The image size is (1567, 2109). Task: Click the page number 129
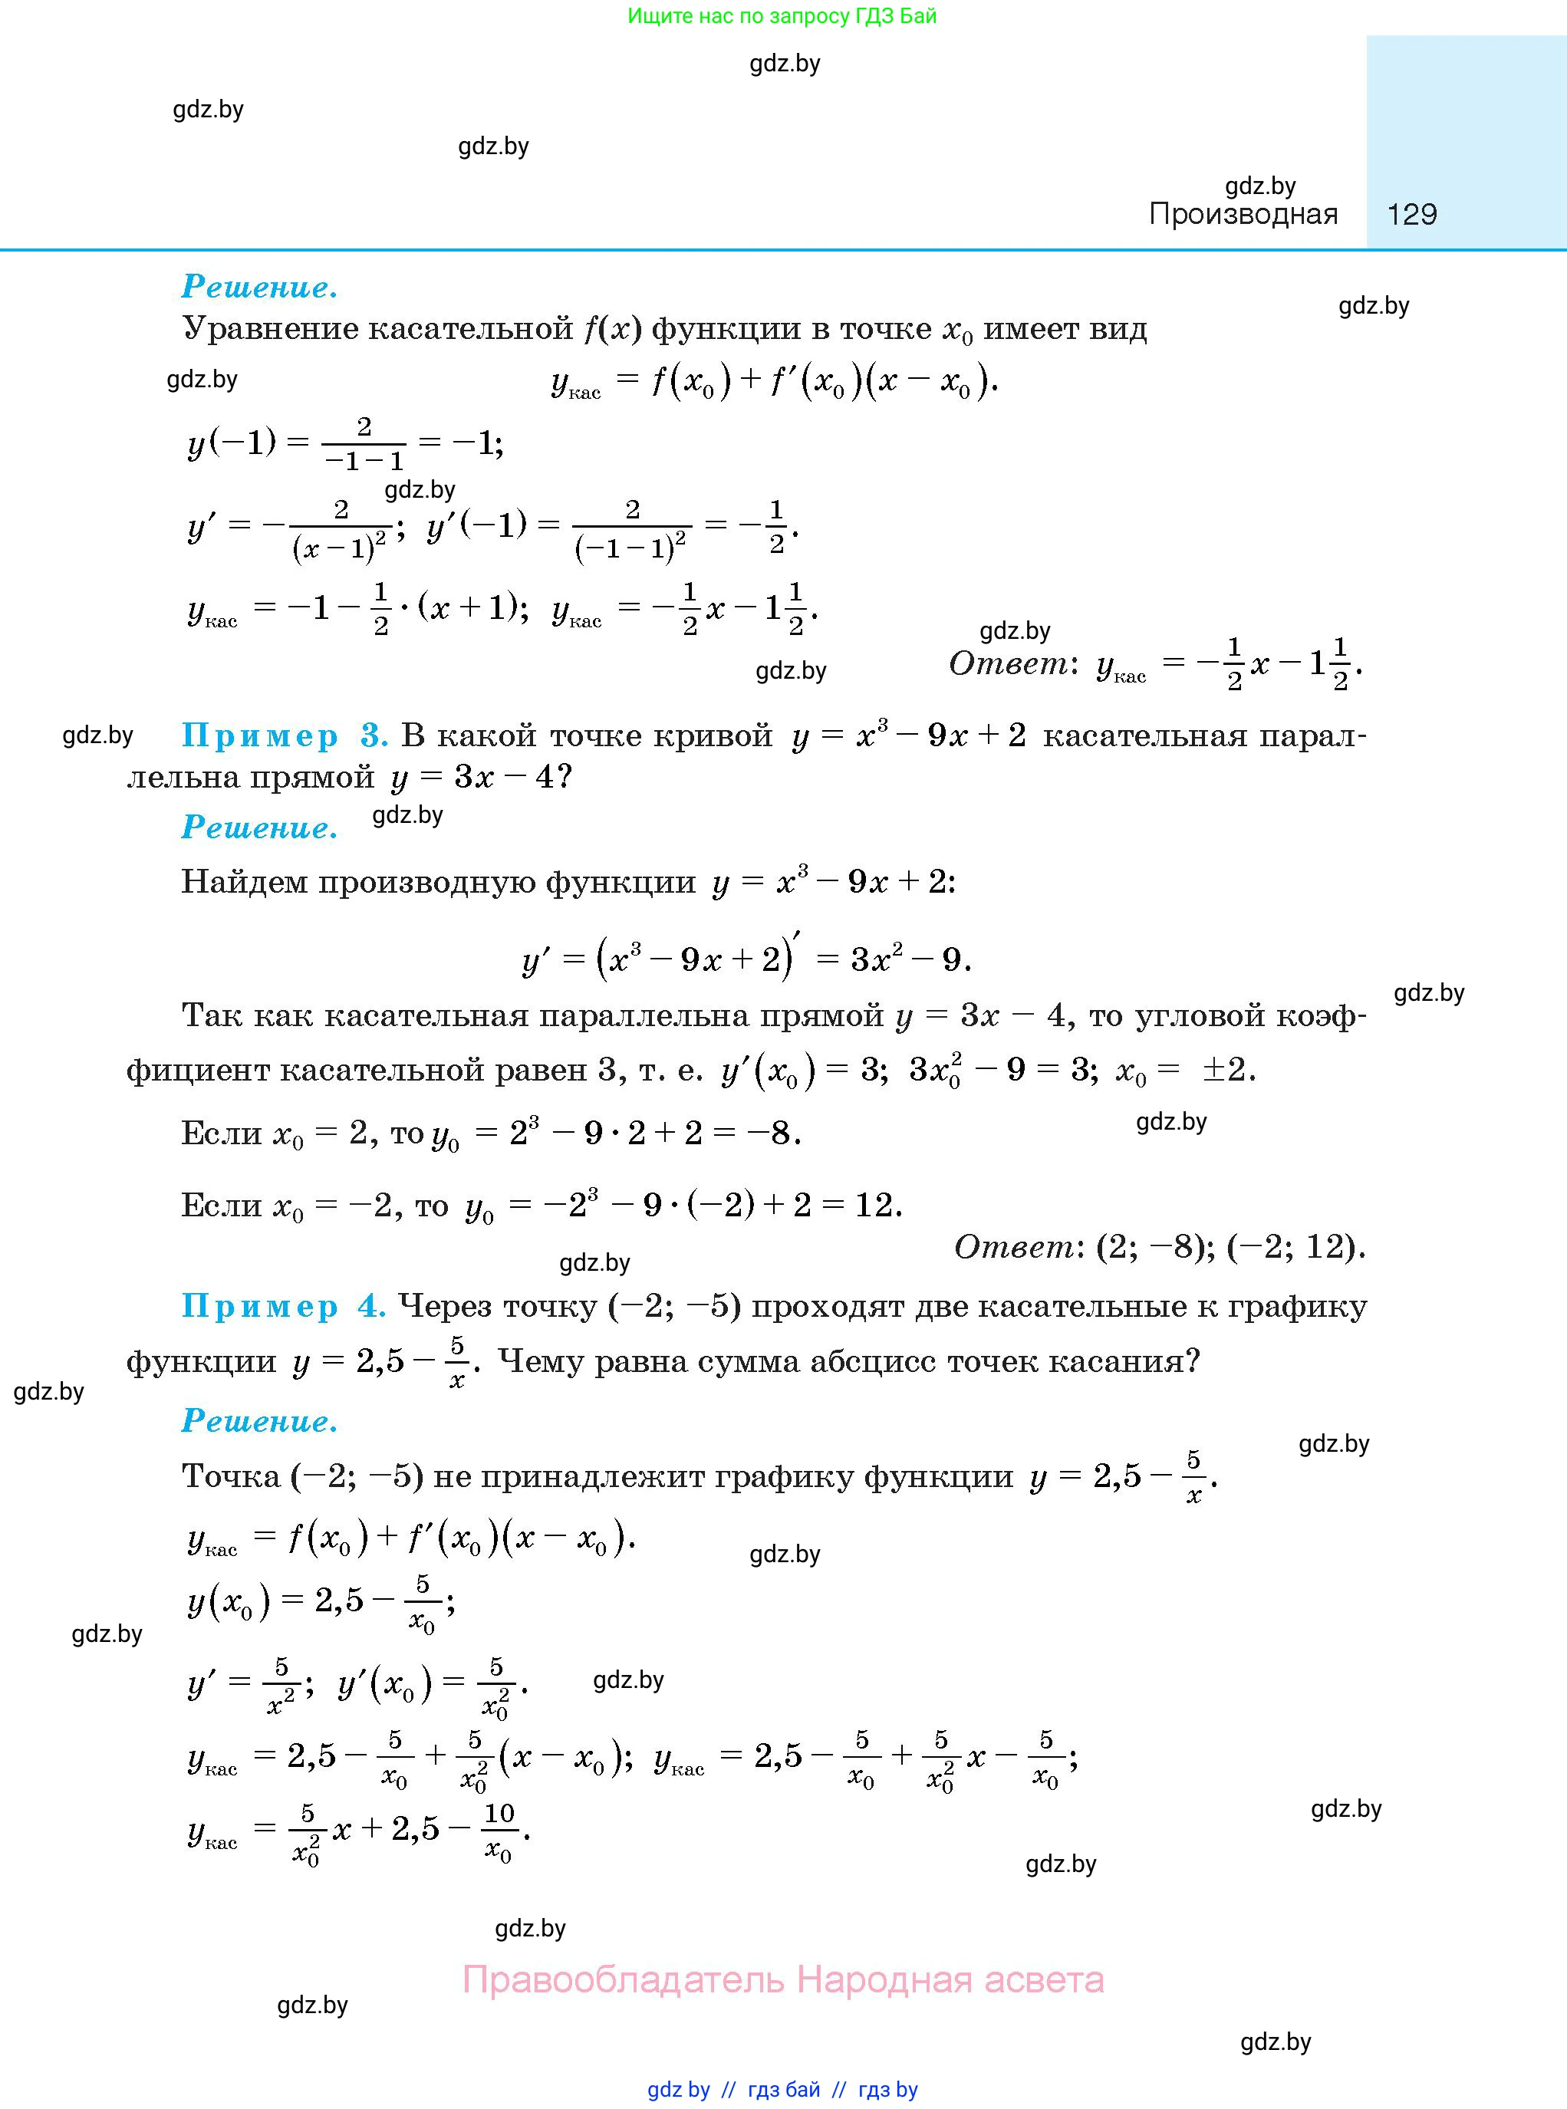[x=1411, y=214]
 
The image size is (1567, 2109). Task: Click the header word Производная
[x=1243, y=214]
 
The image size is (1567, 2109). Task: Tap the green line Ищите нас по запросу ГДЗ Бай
[x=782, y=16]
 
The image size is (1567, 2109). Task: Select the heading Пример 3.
[x=284, y=736]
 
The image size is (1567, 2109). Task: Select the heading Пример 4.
[x=284, y=1307]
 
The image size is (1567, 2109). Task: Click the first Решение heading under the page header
[x=259, y=286]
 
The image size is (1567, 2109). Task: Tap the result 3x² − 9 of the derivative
[x=909, y=959]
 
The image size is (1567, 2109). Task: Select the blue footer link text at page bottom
[x=782, y=2089]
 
